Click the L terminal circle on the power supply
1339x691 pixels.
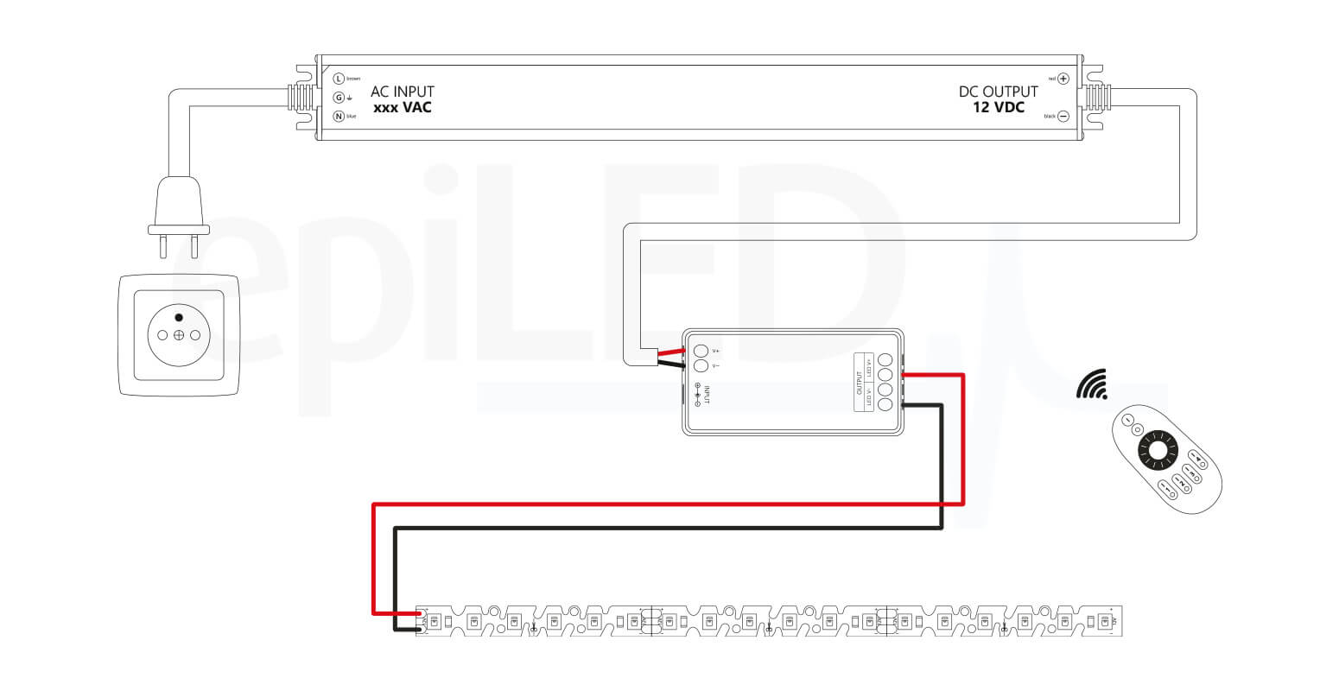point(339,79)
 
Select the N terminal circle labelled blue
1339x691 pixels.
point(339,116)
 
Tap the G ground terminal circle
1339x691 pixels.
point(339,98)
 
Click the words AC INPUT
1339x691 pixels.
point(403,92)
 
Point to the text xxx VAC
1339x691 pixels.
point(403,108)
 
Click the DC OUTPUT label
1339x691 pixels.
point(999,92)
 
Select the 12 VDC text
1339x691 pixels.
point(999,108)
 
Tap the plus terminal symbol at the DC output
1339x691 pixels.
point(1063,79)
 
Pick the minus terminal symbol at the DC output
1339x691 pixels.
point(1063,116)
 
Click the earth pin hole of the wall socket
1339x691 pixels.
point(178,316)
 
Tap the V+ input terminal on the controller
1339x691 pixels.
point(701,351)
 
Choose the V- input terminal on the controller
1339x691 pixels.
point(701,366)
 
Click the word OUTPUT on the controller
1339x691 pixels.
point(860,382)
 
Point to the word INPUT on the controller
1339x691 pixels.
point(707,395)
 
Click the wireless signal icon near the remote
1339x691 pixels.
point(1092,384)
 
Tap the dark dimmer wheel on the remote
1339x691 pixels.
point(1157,451)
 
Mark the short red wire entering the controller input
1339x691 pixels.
point(670,352)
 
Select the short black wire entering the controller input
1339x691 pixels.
point(670,365)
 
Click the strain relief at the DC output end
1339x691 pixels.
point(1096,97)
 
